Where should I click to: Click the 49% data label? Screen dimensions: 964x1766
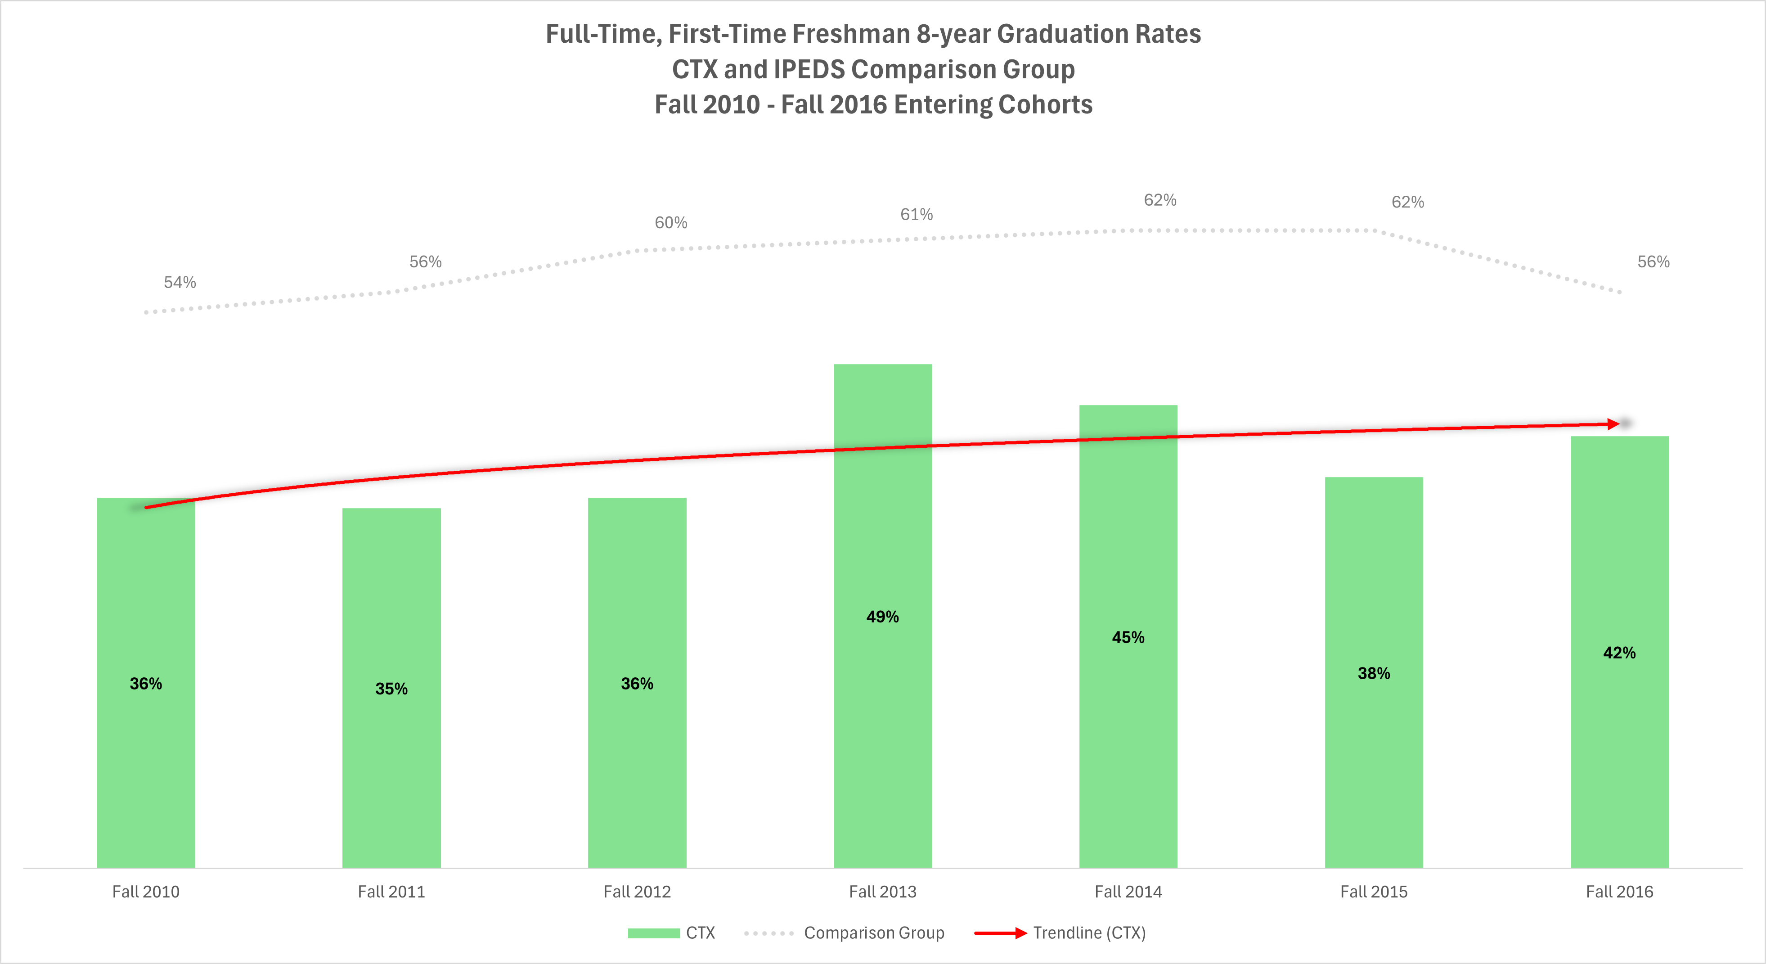(882, 617)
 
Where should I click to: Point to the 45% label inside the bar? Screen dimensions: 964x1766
(1128, 637)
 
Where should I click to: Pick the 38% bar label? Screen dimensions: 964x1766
(1374, 673)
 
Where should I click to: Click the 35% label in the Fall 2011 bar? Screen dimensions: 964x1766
(391, 689)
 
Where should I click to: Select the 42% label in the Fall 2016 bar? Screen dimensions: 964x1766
(1619, 653)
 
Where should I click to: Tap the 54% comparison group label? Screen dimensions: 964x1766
(180, 282)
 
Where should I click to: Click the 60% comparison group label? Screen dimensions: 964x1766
(670, 222)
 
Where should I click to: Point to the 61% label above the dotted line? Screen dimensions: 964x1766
(916, 215)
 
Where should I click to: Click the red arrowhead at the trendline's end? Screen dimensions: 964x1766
(1614, 424)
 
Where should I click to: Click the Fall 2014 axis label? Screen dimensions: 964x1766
(1128, 892)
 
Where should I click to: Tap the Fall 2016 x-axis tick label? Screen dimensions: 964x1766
(1619, 892)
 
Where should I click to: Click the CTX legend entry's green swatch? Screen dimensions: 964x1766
(653, 933)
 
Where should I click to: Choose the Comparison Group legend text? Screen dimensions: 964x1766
(874, 932)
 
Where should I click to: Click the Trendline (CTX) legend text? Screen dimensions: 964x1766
(1089, 932)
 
